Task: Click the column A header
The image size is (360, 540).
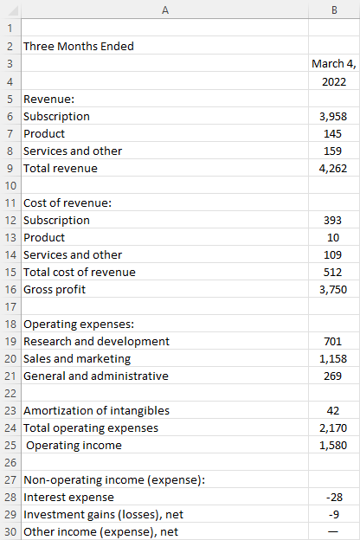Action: (165, 10)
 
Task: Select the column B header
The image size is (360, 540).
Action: (334, 10)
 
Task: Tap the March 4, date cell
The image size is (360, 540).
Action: (334, 64)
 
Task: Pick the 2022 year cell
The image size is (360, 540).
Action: (334, 81)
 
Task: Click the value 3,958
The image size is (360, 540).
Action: (333, 117)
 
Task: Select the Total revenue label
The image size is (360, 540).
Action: (61, 169)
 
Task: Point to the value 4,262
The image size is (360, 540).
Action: (333, 169)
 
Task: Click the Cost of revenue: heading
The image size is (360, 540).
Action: (67, 202)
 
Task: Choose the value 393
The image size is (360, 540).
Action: (332, 221)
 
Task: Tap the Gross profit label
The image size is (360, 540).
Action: (55, 290)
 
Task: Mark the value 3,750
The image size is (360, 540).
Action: (333, 290)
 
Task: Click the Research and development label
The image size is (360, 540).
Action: (96, 341)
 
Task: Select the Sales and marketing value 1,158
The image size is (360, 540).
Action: (333, 359)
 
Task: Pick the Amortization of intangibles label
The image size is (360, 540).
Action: (96, 410)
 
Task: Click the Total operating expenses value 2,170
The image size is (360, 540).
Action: (333, 428)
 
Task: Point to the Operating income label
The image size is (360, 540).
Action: (74, 446)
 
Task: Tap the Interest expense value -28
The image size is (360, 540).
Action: (334, 498)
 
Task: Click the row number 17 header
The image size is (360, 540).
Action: (10, 307)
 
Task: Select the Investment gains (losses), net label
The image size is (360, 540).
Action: (103, 515)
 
